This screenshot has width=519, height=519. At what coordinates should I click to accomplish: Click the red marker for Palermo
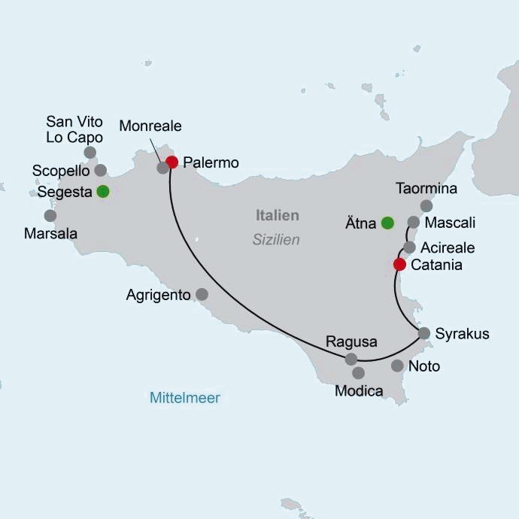[172, 162]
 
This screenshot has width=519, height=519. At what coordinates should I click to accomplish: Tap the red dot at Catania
[400, 264]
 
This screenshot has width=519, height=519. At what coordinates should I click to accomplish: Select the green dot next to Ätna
[387, 223]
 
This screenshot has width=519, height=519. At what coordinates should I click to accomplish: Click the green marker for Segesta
[102, 191]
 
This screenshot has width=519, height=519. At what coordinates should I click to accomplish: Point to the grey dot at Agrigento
[202, 294]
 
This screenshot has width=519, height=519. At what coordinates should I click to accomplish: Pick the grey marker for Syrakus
[424, 332]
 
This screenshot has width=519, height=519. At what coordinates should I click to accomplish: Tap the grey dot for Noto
[397, 366]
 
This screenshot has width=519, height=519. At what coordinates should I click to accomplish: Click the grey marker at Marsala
[50, 216]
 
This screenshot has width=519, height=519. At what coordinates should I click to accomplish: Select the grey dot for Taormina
[426, 205]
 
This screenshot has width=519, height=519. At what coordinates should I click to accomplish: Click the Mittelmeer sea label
[185, 398]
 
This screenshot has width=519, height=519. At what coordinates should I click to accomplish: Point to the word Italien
[277, 216]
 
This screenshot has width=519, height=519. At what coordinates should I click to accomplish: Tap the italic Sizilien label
[276, 240]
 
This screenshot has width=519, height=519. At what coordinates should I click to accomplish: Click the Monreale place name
[150, 126]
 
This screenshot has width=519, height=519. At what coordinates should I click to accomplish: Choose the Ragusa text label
[351, 341]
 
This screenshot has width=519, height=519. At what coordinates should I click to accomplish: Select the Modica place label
[359, 391]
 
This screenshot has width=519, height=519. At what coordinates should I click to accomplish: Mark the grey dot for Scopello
[101, 170]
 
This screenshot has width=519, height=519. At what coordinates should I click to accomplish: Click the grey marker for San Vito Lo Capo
[90, 153]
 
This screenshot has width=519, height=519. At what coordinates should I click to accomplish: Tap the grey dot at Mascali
[413, 222]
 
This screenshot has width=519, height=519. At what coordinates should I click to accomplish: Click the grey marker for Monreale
[162, 168]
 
